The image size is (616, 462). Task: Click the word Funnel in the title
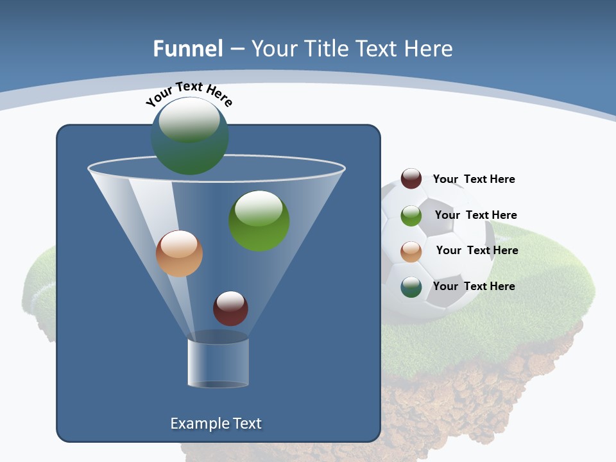point(188,49)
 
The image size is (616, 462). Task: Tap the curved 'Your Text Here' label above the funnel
point(189,94)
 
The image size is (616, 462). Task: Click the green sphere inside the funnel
point(259,221)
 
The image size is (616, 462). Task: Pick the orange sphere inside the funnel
point(179,253)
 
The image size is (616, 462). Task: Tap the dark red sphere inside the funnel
point(230,309)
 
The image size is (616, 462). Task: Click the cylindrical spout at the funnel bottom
point(218,363)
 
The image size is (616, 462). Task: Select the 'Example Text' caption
point(216,424)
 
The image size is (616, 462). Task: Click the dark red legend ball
point(411,178)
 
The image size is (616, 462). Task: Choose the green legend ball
point(411,215)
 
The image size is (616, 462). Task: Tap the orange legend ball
point(411,251)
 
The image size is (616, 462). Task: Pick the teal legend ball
point(411,287)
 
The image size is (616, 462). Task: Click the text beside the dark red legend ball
point(474,179)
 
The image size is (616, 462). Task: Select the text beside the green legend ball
point(475,215)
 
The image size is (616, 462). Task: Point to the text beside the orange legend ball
point(477,250)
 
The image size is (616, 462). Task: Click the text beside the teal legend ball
point(474,286)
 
